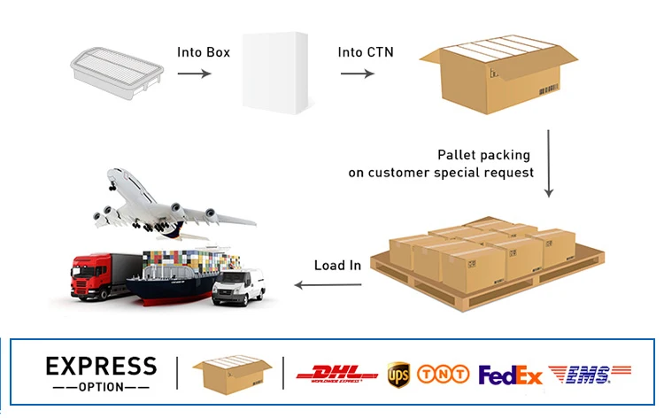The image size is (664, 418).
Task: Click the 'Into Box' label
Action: tap(204, 52)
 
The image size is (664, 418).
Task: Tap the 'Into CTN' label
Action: tap(366, 52)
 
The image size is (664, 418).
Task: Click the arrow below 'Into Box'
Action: tap(195, 73)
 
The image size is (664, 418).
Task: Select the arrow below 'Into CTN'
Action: tap(357, 73)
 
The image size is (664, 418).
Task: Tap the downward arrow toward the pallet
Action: tap(549, 164)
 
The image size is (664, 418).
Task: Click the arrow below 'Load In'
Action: tap(328, 284)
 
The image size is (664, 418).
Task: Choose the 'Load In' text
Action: tap(337, 266)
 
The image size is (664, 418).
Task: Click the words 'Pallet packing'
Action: tap(485, 155)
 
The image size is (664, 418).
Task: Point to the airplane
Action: tap(168, 202)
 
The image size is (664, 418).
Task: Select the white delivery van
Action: tap(239, 286)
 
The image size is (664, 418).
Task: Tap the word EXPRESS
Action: tap(101, 366)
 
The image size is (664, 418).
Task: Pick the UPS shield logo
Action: tap(398, 374)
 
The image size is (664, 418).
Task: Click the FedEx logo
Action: tap(511, 375)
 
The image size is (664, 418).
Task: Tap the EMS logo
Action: tap(590, 375)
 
